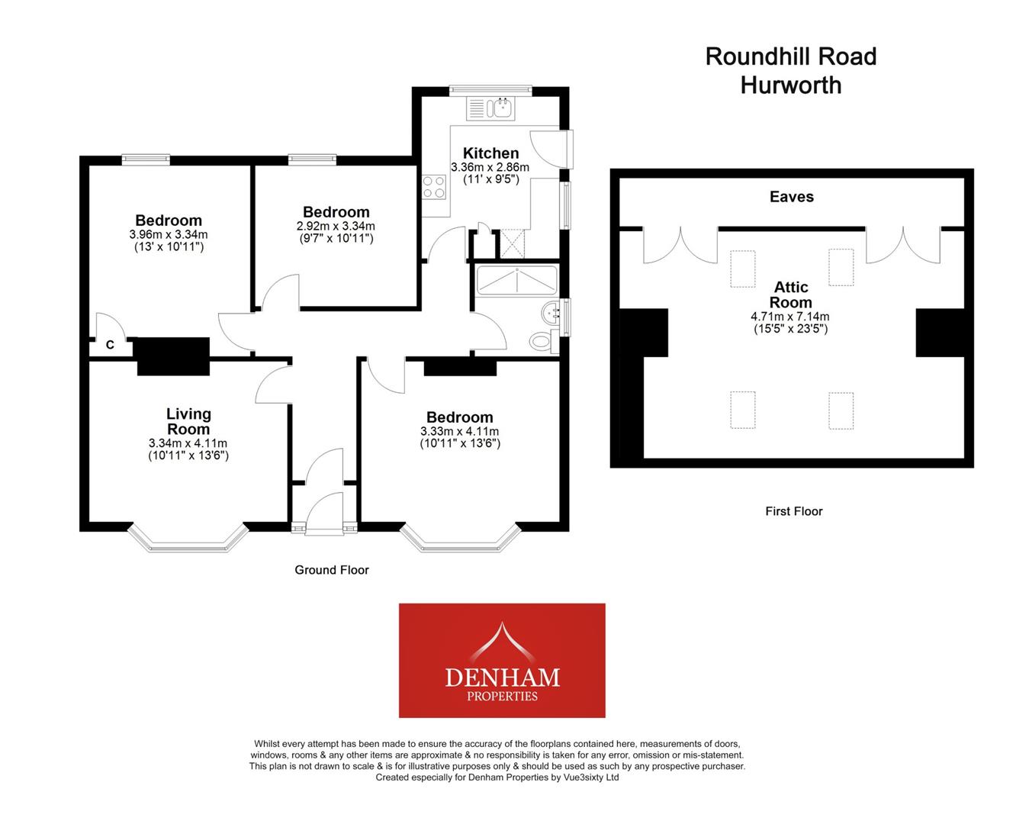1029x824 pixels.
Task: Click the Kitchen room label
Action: click(490, 153)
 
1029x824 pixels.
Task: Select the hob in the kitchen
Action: click(434, 187)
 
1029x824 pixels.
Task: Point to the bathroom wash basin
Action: click(551, 311)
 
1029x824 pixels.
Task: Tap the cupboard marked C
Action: click(110, 345)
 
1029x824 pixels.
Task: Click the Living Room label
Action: click(188, 421)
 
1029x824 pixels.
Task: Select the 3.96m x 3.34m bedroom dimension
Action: click(169, 234)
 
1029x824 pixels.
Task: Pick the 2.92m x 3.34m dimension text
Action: click(336, 226)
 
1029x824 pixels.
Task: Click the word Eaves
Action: click(791, 197)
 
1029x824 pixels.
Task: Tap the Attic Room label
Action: click(791, 295)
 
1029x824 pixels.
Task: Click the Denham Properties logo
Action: click(502, 661)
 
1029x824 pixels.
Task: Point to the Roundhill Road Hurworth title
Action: click(791, 70)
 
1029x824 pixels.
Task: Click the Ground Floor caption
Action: click(332, 570)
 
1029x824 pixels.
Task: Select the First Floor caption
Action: click(794, 511)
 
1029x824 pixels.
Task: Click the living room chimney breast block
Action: click(173, 356)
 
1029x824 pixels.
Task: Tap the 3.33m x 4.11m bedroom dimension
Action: click(460, 431)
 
